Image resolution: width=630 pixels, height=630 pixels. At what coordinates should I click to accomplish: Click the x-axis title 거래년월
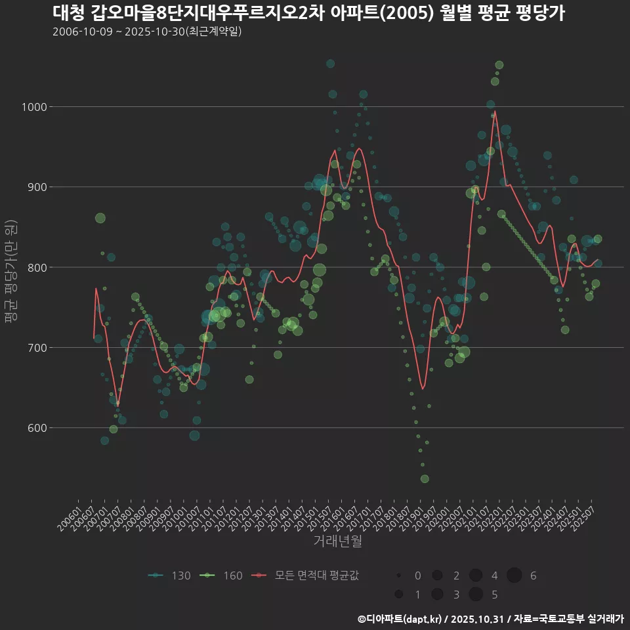pos(337,541)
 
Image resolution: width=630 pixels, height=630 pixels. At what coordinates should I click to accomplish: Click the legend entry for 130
pos(170,576)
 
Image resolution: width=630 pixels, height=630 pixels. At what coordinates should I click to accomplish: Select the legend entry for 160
pos(222,576)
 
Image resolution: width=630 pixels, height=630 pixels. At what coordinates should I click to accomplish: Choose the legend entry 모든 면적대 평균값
pos(306,576)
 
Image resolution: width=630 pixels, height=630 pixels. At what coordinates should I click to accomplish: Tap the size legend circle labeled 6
pos(514,576)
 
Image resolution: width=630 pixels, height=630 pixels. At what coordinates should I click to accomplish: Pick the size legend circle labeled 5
pos(476,595)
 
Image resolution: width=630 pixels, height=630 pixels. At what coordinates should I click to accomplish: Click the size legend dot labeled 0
pos(398,576)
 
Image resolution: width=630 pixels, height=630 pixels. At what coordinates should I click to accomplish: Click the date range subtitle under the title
pos(147,31)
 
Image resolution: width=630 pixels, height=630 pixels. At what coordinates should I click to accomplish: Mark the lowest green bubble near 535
pos(425,479)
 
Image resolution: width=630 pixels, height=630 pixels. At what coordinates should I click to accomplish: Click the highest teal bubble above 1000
pos(330,64)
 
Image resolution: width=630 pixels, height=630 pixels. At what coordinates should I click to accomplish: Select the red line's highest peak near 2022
pos(494,111)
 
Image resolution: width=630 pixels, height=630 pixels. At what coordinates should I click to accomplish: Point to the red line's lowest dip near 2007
pos(117,406)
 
